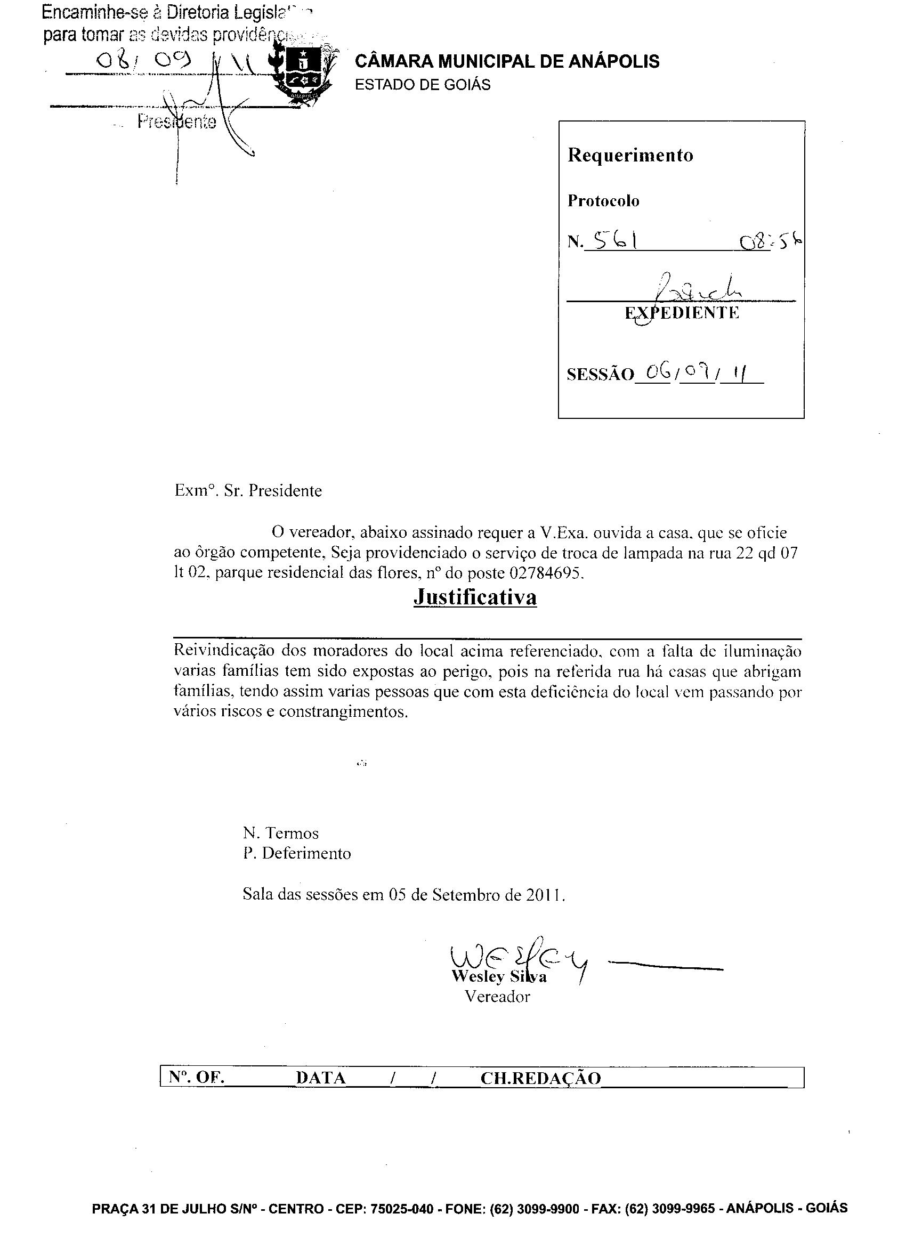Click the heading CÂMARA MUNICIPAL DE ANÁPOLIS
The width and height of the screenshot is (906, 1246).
(507, 61)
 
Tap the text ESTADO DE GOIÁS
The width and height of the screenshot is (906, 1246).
(423, 85)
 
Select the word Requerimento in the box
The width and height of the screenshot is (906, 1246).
(630, 156)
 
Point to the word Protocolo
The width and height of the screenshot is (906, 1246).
(603, 201)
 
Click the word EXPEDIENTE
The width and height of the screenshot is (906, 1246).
(682, 313)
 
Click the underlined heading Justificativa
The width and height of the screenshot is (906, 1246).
(475, 597)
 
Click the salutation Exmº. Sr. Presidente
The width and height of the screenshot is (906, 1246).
(248, 490)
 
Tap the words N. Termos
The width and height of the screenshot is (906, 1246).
(280, 834)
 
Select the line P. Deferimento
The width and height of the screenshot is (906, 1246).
(297, 853)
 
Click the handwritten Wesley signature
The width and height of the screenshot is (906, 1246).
(516, 959)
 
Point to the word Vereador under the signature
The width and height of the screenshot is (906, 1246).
(497, 997)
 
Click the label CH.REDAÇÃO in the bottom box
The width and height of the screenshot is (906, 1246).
(540, 1078)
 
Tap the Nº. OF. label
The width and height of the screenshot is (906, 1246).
(197, 1078)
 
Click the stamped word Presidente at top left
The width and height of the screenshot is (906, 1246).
(176, 122)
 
